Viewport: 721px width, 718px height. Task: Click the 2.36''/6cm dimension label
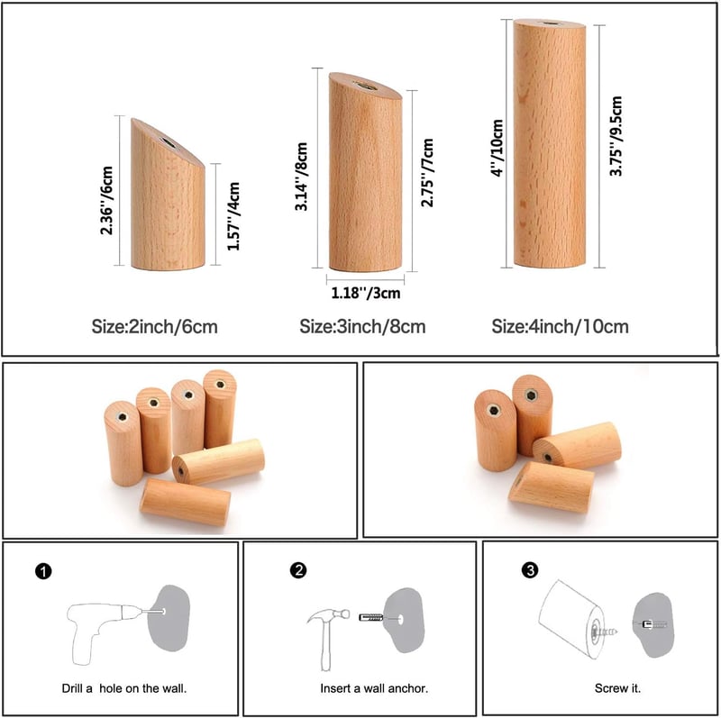pos(106,200)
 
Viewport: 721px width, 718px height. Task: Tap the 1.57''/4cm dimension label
pos(233,216)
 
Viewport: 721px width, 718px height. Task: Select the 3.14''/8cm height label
pos(301,177)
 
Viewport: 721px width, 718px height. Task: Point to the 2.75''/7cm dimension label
pos(427,172)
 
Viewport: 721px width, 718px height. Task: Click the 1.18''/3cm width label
pos(366,293)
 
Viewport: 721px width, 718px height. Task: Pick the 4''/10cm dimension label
pos(497,148)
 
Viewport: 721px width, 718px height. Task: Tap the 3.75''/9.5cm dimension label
pos(616,136)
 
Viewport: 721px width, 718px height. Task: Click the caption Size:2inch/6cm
pos(154,327)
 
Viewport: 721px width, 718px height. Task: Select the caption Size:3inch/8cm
pos(362,326)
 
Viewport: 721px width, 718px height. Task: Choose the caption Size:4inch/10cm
pos(560,326)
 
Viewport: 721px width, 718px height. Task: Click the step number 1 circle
pos(43,571)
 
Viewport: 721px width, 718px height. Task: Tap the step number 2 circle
pos(298,570)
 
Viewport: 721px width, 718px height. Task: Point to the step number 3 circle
pos(530,570)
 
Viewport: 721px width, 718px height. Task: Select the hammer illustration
pos(327,639)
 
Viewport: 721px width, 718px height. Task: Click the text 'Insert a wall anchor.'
pos(374,688)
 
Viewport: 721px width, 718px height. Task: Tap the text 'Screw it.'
pos(617,688)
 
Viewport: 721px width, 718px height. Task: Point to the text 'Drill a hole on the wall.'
pos(124,688)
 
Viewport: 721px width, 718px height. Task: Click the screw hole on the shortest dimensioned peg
pos(168,142)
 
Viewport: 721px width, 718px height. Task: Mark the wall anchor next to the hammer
pos(370,617)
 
